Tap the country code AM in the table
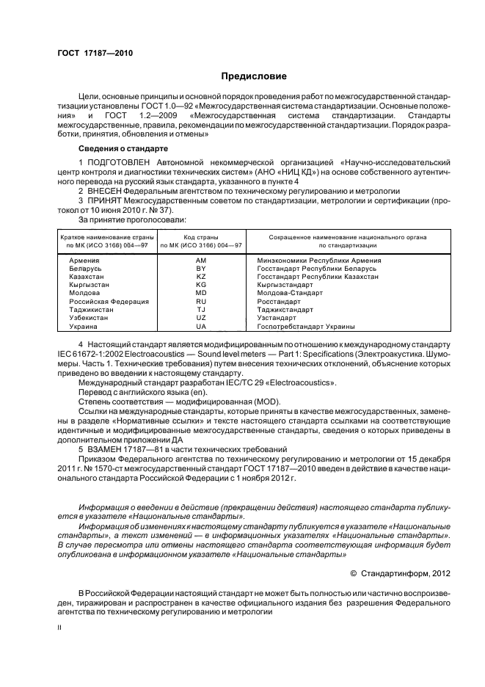tap(201, 261)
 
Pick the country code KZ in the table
tap(201, 277)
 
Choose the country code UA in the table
tap(201, 326)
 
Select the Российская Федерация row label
tap(109, 302)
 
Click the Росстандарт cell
tap(279, 302)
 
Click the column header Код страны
tap(201, 237)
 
